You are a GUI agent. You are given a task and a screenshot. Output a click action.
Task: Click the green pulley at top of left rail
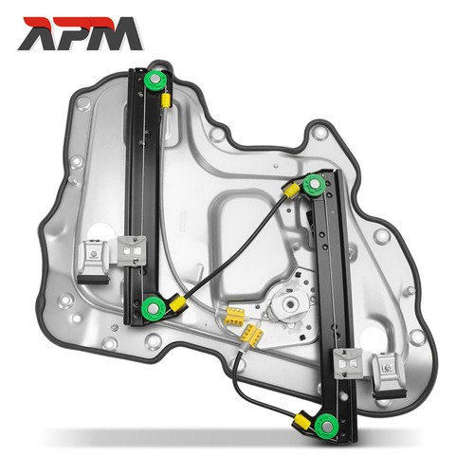(x=155, y=79)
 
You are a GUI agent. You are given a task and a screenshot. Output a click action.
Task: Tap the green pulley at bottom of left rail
(x=153, y=307)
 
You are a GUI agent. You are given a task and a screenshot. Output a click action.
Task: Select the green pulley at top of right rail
(x=314, y=183)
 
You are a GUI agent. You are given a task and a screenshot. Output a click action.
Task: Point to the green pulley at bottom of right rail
(x=327, y=426)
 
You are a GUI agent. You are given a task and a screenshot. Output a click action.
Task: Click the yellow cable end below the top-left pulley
(x=166, y=100)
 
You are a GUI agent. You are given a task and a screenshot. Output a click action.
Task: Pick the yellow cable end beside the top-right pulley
(x=291, y=191)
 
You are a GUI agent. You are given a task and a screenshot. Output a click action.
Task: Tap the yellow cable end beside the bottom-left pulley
(x=178, y=304)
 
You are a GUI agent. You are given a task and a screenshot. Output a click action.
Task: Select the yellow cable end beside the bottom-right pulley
(x=301, y=421)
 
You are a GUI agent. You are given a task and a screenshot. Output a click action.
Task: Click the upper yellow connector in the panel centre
(x=234, y=316)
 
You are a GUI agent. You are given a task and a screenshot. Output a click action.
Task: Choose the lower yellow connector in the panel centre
(x=252, y=335)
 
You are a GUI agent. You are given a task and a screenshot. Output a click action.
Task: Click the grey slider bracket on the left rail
(x=132, y=251)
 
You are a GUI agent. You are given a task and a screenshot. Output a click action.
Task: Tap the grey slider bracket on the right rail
(x=348, y=364)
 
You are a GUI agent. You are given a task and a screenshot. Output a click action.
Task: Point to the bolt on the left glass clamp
(x=94, y=253)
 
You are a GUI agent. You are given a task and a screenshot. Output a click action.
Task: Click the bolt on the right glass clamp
(x=388, y=368)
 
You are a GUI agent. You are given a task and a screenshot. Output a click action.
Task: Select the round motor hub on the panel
(x=289, y=304)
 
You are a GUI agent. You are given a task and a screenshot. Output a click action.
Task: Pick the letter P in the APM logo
(x=71, y=33)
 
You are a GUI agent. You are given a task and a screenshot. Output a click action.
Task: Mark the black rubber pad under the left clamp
(x=94, y=280)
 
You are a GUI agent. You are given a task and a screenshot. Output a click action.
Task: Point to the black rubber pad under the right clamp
(x=390, y=394)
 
